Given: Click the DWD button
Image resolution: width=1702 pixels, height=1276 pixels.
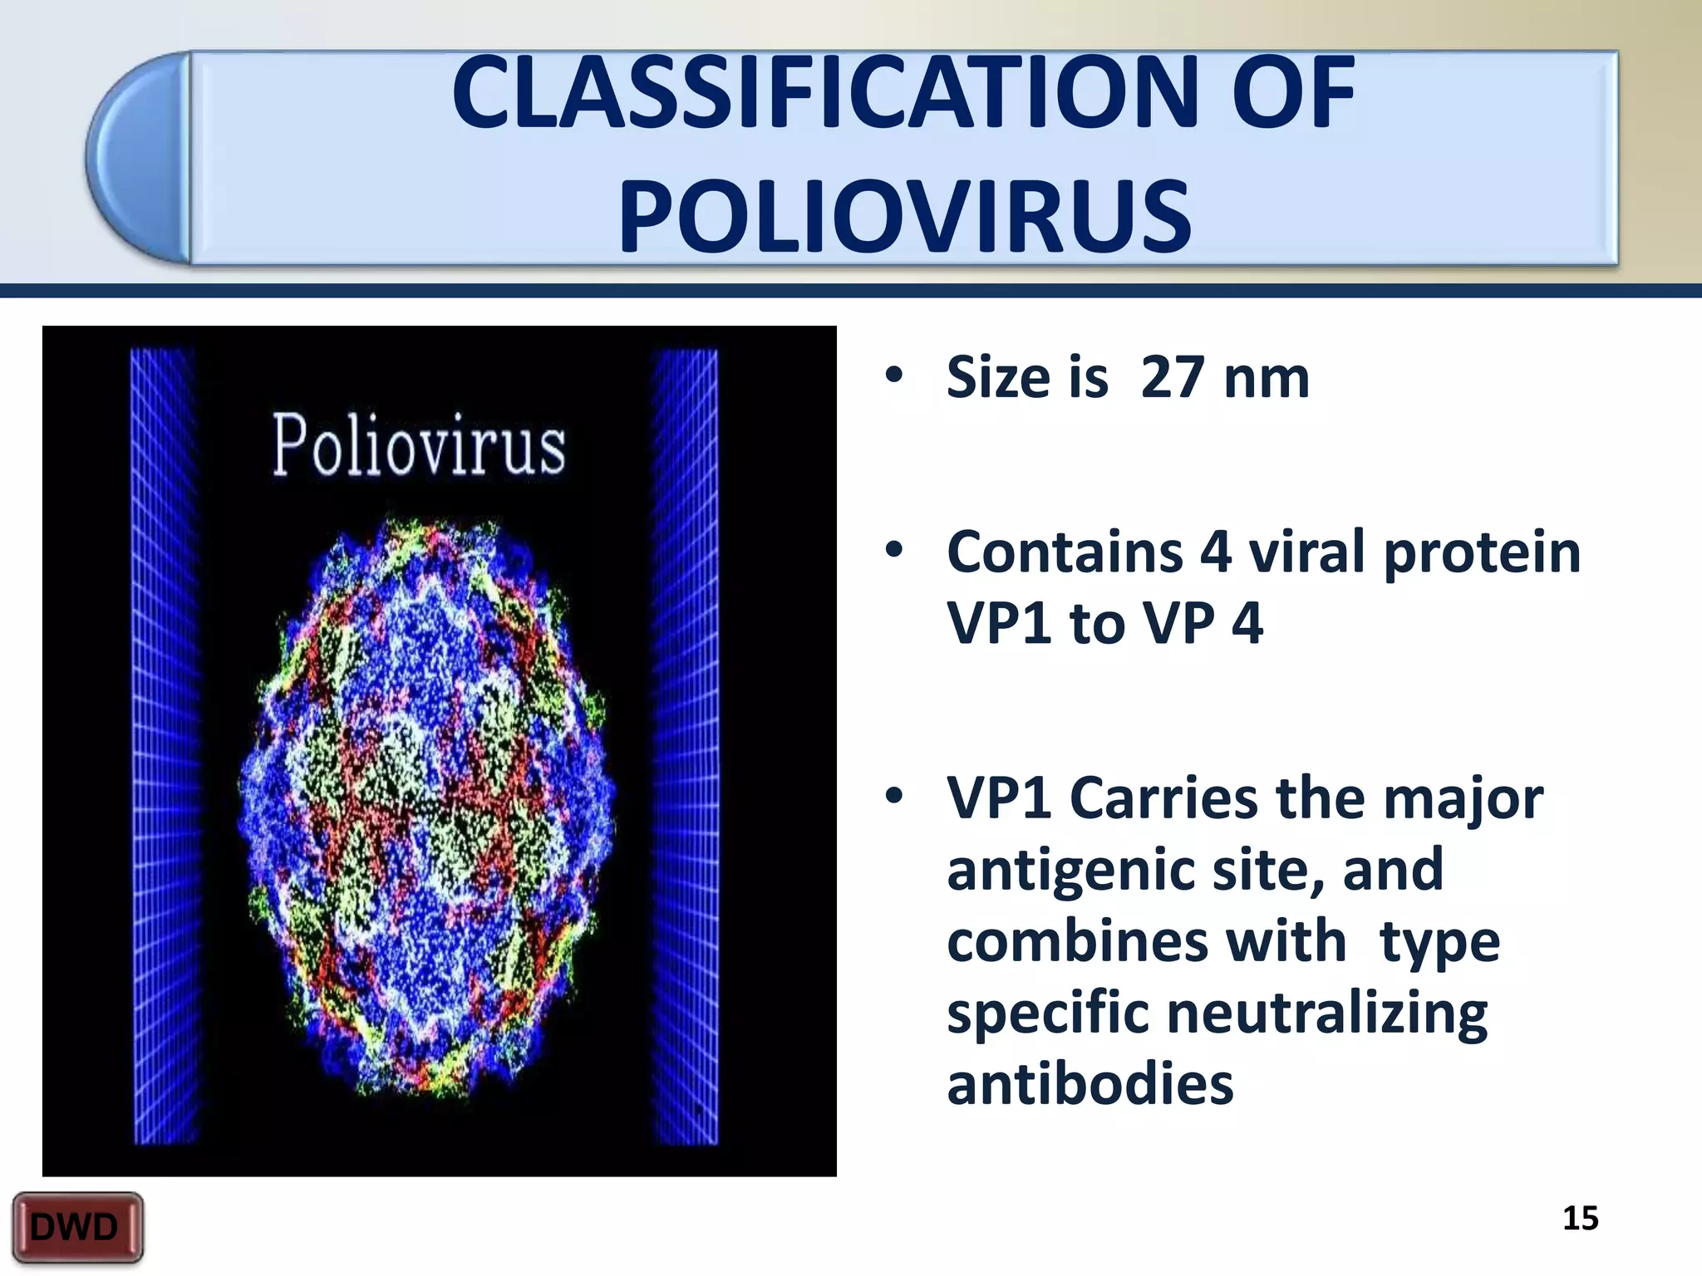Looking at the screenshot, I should coord(76,1227).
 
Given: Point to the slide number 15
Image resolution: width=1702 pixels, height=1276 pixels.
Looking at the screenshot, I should coord(1580,1218).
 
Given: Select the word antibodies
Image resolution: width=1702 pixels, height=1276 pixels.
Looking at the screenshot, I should coord(1090,1085).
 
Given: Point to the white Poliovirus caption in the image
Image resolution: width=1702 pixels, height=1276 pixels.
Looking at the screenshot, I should coord(419,445).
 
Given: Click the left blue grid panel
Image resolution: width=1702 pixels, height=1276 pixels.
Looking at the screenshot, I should coord(165,746).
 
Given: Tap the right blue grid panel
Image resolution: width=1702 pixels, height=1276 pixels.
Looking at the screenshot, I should coord(685,746).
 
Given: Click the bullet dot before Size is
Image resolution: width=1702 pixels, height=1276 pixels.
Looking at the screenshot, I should coord(894,375).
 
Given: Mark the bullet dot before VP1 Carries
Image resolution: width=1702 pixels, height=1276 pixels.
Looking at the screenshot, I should coord(894,796).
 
